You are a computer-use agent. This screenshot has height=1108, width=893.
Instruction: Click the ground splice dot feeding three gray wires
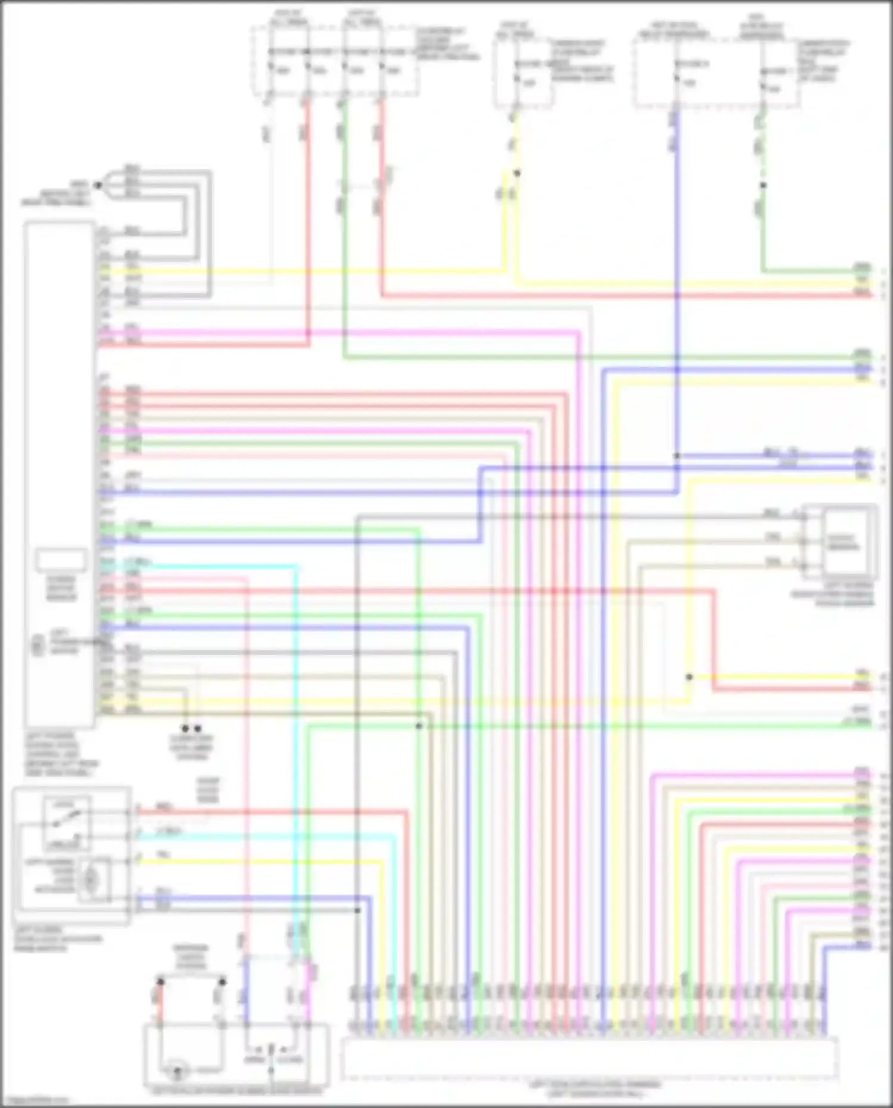point(99,185)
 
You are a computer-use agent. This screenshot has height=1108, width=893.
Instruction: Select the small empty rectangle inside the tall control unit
point(61,560)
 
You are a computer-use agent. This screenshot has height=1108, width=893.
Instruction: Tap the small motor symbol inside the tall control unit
point(38,645)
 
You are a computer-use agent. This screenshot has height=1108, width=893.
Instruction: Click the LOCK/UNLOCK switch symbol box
point(67,823)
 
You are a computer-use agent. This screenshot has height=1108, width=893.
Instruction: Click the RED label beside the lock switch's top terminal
point(164,807)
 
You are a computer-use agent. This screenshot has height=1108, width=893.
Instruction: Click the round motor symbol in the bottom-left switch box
point(177,1073)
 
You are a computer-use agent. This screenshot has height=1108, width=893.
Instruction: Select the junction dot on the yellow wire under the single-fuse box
point(517,173)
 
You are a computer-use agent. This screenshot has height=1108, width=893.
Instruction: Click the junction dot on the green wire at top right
point(763,185)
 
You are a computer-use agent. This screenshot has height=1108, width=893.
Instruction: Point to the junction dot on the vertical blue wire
point(676,456)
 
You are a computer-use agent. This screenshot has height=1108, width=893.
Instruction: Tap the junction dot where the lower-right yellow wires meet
point(689,677)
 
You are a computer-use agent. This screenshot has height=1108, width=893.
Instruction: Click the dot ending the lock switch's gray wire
point(357,911)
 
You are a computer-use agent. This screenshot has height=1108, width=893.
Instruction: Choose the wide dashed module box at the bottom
point(589,1057)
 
